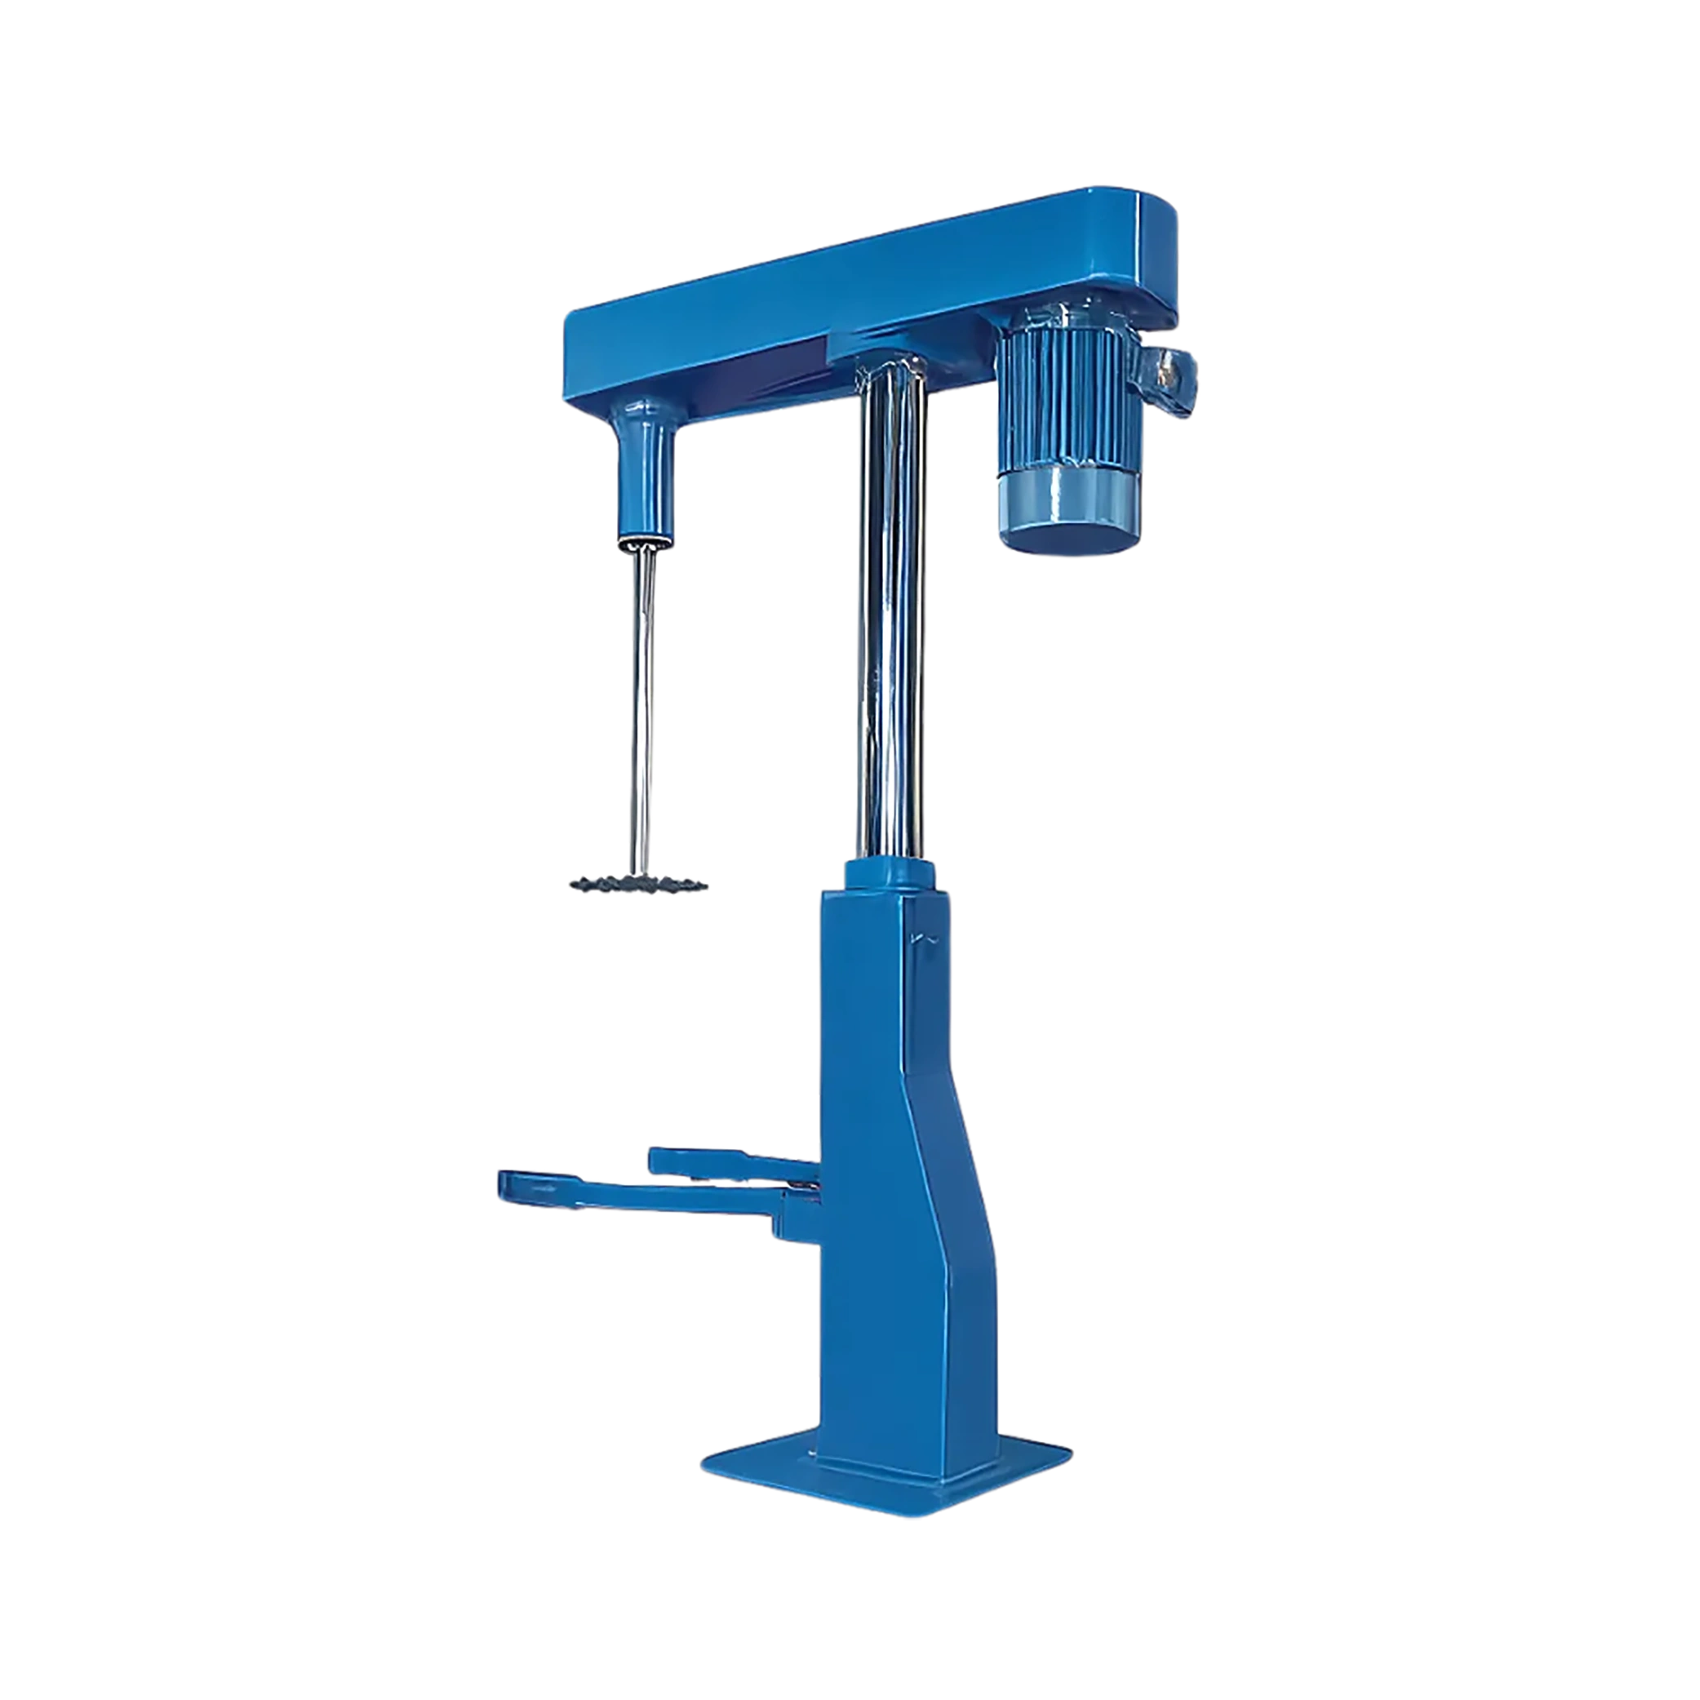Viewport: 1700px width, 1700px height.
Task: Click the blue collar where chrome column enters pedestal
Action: coord(889,873)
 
